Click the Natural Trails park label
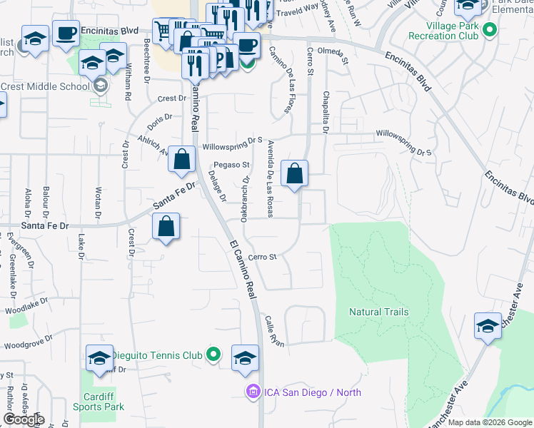tap(378, 312)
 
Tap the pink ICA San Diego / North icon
tap(251, 392)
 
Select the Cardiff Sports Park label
tap(99, 402)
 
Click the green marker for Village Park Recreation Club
tap(489, 30)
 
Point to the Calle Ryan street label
tap(274, 331)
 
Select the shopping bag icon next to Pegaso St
tap(182, 159)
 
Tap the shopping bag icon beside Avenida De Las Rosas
tap(295, 173)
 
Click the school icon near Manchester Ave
tap(488, 327)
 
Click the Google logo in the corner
tap(24, 419)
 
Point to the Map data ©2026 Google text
tap(490, 422)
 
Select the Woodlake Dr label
tap(26, 310)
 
